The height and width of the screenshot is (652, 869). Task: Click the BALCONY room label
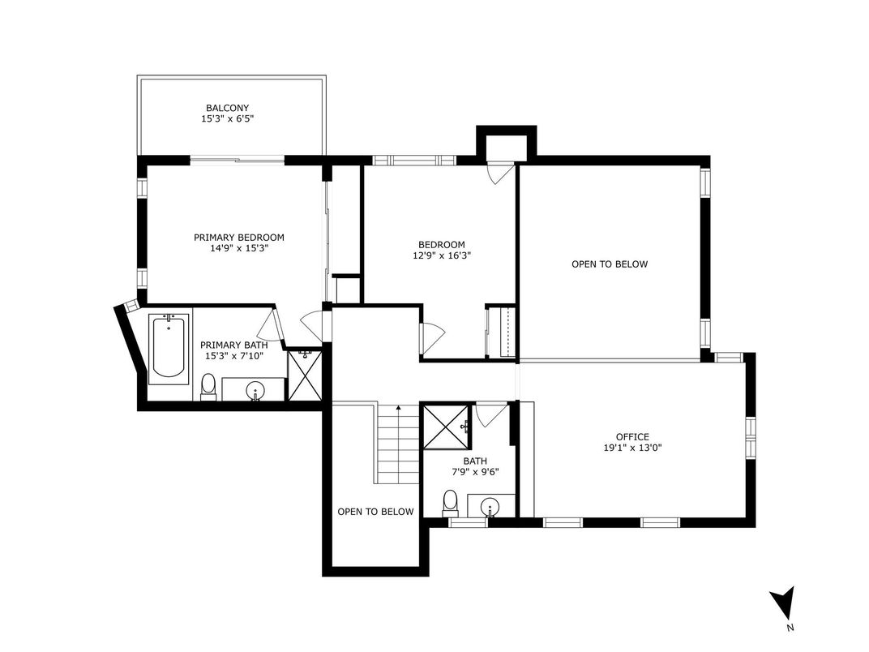point(227,108)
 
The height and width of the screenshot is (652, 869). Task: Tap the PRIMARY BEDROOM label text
point(239,238)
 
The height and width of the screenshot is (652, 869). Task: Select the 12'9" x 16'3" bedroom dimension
point(442,255)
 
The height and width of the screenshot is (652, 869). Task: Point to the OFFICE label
point(632,437)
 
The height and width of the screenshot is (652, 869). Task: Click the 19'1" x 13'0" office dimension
point(632,448)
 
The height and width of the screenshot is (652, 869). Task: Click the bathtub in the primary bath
point(169,349)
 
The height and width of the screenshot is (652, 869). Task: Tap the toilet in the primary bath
point(208,387)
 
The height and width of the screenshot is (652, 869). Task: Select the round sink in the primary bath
point(255,390)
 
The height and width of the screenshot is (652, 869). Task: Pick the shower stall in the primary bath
point(304,375)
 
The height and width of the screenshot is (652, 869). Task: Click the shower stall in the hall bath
point(446,426)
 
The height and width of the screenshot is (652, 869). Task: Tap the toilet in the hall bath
point(451,503)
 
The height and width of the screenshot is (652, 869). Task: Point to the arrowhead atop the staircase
point(399,407)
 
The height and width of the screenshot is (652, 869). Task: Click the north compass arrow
point(783,602)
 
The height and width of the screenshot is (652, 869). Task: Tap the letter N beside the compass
point(790,628)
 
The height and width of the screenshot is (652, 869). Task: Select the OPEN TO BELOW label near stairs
point(376,512)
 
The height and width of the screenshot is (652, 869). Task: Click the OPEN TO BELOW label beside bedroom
point(610,264)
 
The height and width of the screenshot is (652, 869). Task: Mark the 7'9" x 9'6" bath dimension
point(476,472)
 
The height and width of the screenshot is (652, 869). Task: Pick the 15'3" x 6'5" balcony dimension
point(227,118)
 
